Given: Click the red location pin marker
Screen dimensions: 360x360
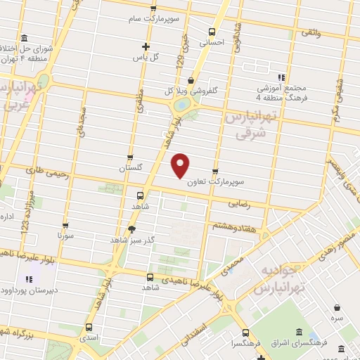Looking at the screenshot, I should click(181, 166).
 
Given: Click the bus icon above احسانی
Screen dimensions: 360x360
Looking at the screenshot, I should click(212, 31).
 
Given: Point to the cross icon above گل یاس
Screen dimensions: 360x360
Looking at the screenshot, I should click(146, 46).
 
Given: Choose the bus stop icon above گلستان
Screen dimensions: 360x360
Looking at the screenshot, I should click(130, 158).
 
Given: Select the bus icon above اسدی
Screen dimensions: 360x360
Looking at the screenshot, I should click(89, 327).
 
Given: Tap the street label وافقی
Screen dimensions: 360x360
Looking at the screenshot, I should click(310, 32).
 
